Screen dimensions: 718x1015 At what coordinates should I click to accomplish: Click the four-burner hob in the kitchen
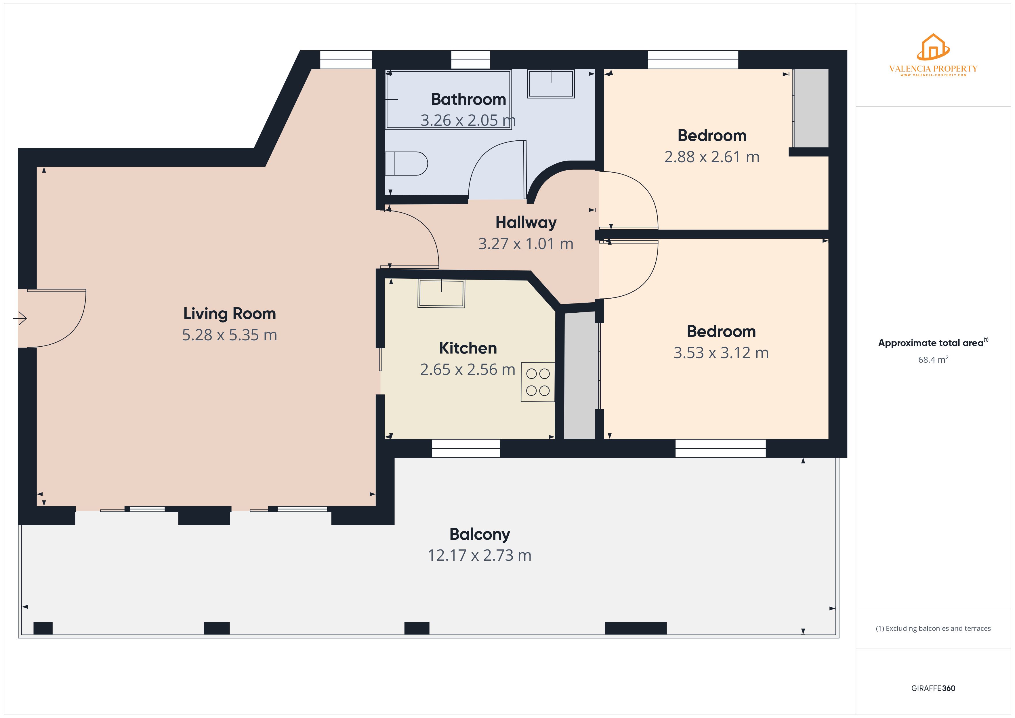pos(537,382)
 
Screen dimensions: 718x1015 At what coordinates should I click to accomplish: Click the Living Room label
pos(229,314)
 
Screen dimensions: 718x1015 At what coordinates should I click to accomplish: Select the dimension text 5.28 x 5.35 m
pos(229,335)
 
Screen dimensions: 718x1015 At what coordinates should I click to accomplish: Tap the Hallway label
pos(526,222)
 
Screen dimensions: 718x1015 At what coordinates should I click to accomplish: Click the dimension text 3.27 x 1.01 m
pos(526,244)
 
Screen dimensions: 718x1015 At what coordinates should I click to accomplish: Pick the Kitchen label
pos(468,348)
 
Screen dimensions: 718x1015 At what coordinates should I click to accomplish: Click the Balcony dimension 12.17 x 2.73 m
pos(479,555)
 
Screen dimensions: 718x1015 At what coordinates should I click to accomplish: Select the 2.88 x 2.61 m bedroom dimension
pos(712,157)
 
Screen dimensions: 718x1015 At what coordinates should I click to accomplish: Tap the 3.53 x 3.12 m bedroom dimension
pos(721,353)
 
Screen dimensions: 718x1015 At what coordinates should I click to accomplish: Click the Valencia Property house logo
pos(933,48)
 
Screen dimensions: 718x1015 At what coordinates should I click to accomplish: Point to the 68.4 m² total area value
pos(933,360)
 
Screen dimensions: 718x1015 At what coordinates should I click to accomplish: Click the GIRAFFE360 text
pos(933,688)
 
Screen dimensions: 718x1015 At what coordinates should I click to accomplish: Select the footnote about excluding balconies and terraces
pos(933,628)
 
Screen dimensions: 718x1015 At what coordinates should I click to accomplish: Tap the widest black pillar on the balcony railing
pos(635,628)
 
